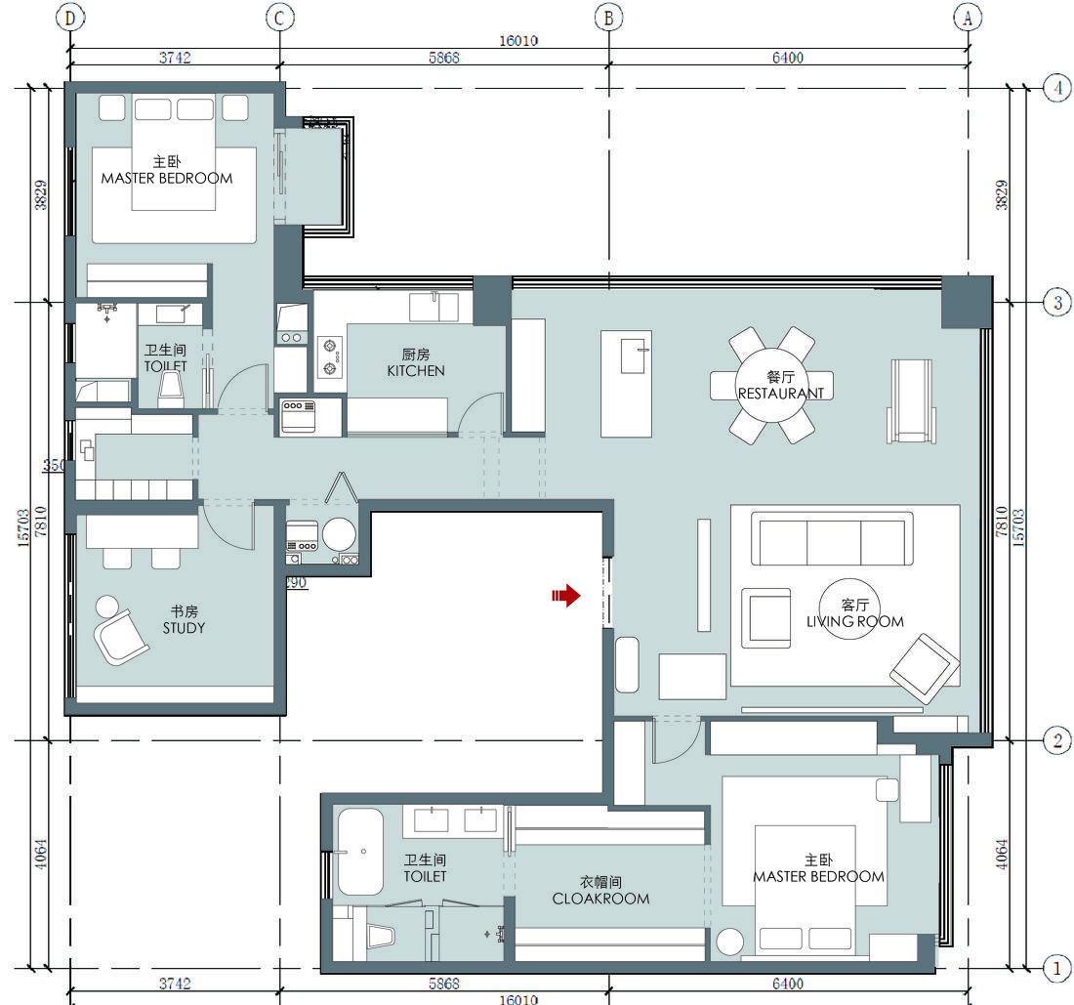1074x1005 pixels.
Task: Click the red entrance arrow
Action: [565, 596]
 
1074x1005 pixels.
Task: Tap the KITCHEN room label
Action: [416, 370]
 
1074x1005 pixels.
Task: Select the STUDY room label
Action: [184, 628]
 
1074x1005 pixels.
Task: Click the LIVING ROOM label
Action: [855, 621]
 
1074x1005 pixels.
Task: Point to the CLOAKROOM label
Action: [600, 899]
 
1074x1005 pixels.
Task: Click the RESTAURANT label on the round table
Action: [781, 394]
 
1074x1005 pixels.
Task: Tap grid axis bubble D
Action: [70, 18]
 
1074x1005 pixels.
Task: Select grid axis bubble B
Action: [609, 18]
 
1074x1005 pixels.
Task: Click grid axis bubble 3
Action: [1057, 302]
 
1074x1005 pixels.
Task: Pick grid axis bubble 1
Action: [1057, 969]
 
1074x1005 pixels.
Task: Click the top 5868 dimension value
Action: [444, 58]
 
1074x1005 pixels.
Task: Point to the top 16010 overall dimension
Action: [518, 41]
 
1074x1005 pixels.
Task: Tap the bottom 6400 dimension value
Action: [788, 984]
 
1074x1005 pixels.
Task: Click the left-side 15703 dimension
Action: [23, 527]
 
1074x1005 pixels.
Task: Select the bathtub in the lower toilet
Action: [360, 853]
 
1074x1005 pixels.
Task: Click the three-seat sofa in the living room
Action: [832, 538]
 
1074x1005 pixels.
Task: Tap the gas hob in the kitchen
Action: [330, 356]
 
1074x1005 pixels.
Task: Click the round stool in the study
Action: [106, 607]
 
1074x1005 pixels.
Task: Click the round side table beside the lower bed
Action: [730, 942]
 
